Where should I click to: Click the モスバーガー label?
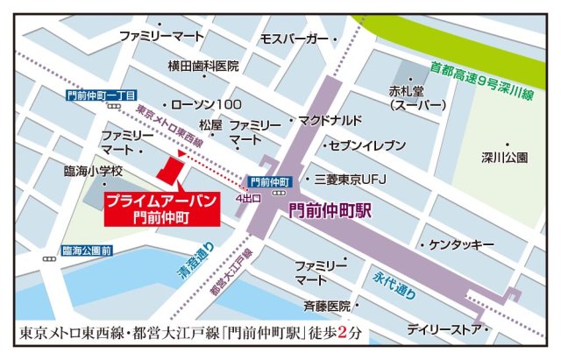click(294, 40)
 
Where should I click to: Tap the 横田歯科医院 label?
click(204, 66)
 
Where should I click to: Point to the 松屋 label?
click(210, 125)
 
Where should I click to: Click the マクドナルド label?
click(330, 120)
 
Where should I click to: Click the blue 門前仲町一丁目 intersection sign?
click(101, 95)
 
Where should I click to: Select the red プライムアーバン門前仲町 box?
click(161, 207)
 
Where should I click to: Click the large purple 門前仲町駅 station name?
click(330, 211)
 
